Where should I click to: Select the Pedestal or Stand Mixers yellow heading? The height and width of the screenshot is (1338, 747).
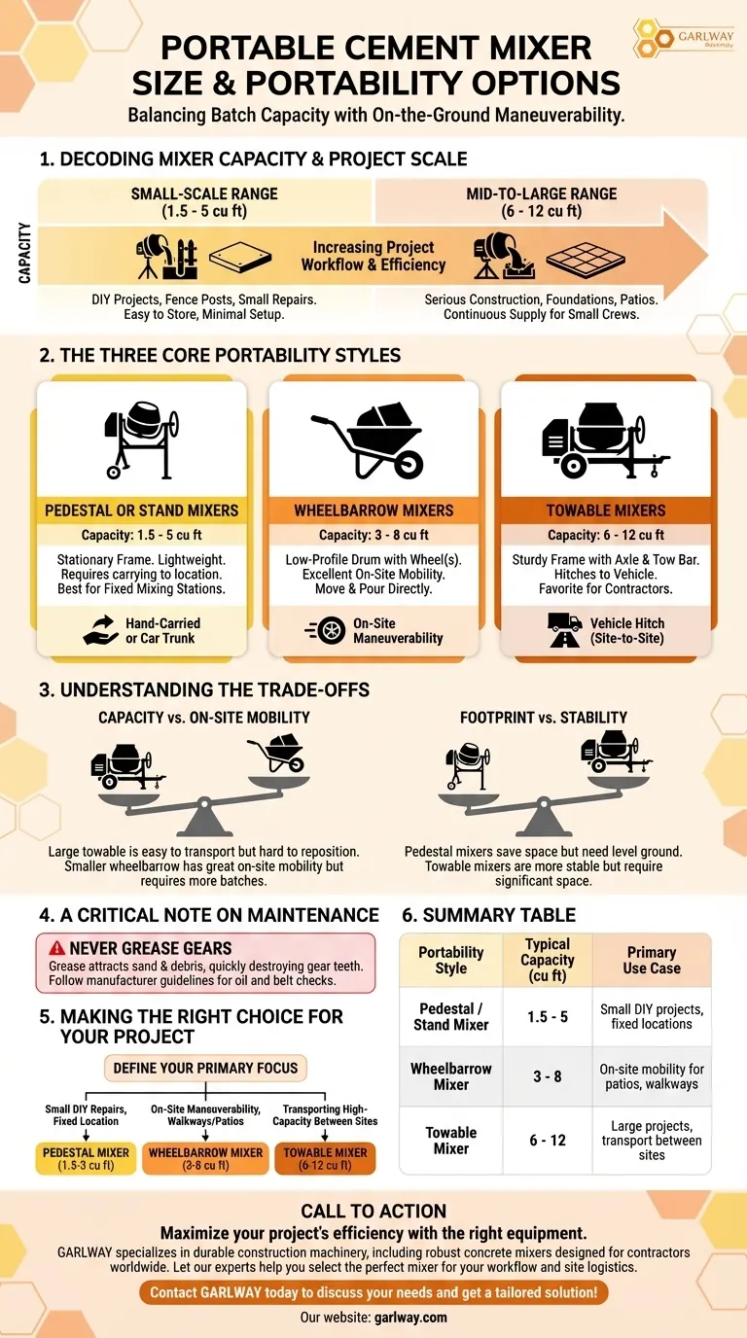[141, 510]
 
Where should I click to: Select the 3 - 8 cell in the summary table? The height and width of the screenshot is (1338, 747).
[548, 1076]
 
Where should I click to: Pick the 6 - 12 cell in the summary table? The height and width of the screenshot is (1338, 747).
[548, 1140]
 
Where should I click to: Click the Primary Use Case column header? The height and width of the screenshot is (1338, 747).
[651, 961]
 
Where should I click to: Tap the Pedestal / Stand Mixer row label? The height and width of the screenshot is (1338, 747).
[451, 1017]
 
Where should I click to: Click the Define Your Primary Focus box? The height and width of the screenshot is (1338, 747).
[206, 1067]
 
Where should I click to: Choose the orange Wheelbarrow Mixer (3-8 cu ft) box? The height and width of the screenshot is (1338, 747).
[205, 1159]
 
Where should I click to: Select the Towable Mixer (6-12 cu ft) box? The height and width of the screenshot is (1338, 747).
[325, 1159]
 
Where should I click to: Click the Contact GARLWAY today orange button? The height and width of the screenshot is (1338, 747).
[373, 1292]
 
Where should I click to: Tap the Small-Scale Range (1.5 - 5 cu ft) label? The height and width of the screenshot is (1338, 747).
[205, 201]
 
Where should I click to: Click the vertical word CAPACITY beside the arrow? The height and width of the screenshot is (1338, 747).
[24, 253]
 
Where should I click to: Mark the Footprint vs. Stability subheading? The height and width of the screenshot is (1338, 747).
[544, 718]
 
